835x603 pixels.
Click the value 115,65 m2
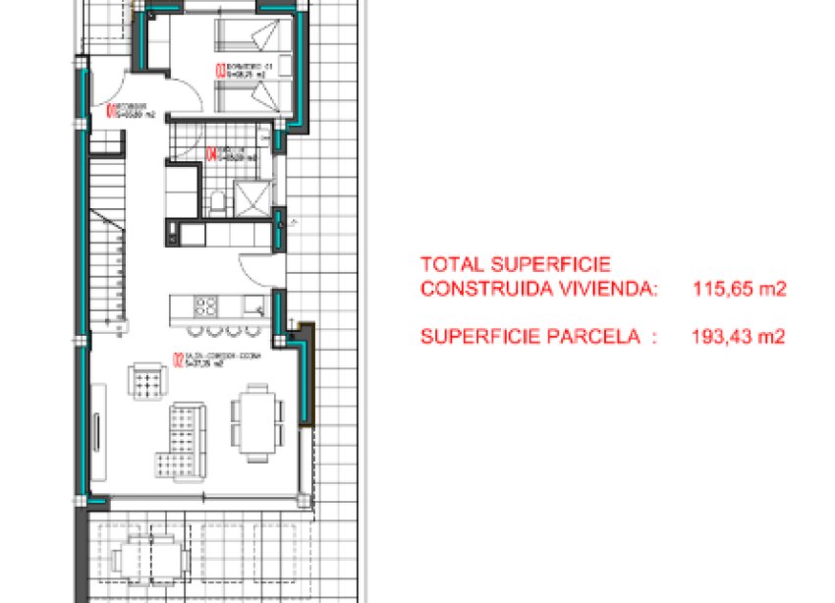pos(738,290)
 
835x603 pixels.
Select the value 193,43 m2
pos(738,337)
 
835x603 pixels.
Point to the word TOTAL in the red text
pos(450,264)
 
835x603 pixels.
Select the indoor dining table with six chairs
pos(252,421)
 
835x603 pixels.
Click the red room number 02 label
pos(175,360)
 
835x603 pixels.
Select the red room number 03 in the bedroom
pos(218,69)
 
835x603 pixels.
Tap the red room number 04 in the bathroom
pos(213,153)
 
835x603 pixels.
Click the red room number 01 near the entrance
pos(107,110)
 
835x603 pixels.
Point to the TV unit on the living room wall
pos(98,431)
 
